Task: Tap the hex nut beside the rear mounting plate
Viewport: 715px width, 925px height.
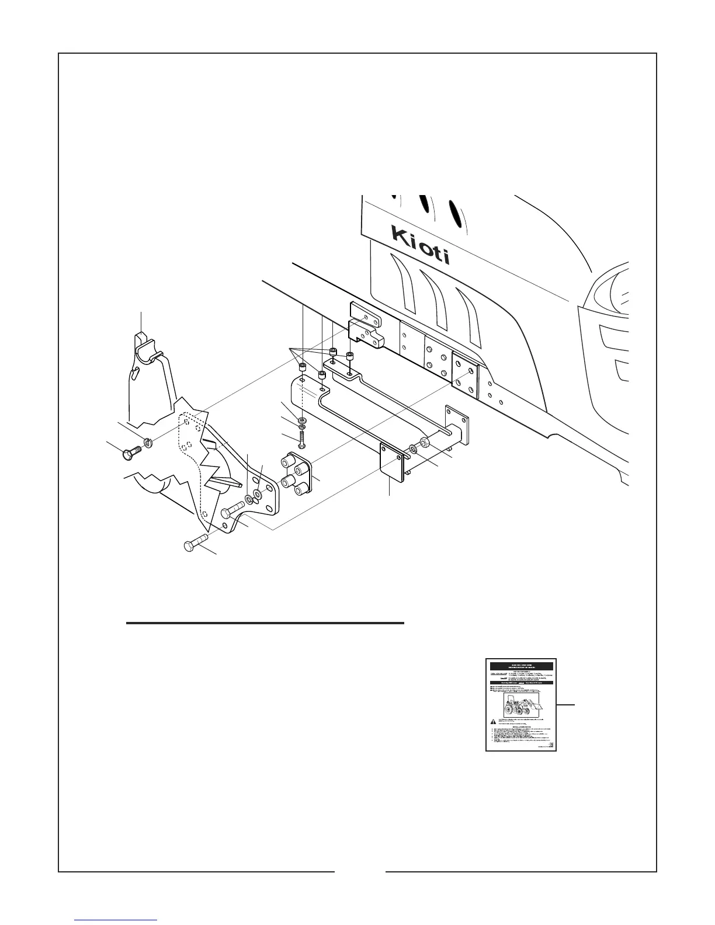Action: click(x=425, y=442)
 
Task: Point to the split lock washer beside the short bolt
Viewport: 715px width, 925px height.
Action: click(x=148, y=444)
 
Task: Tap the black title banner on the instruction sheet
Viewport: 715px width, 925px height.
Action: click(x=521, y=666)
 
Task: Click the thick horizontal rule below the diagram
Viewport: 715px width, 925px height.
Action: click(x=265, y=623)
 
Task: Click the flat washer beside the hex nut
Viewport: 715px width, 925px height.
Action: click(x=413, y=448)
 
